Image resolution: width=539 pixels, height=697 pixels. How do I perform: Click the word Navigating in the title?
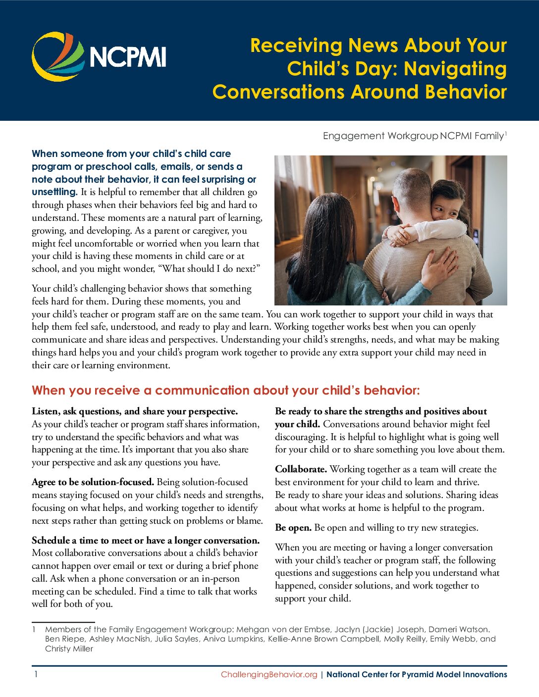click(x=455, y=69)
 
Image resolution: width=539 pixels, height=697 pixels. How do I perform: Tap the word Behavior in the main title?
click(x=466, y=92)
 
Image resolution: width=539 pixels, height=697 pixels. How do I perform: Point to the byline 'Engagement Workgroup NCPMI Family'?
click(x=414, y=136)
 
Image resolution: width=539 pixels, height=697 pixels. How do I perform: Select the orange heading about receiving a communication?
click(x=225, y=391)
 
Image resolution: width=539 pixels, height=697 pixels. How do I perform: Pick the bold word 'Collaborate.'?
click(x=301, y=469)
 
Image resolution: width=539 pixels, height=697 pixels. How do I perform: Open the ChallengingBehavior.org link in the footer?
click(x=269, y=674)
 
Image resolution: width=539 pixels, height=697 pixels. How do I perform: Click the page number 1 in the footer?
click(x=36, y=674)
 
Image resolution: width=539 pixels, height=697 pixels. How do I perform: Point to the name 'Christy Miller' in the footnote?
click(x=69, y=648)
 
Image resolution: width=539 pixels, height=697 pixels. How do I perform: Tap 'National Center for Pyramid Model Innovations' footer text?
click(x=417, y=674)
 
